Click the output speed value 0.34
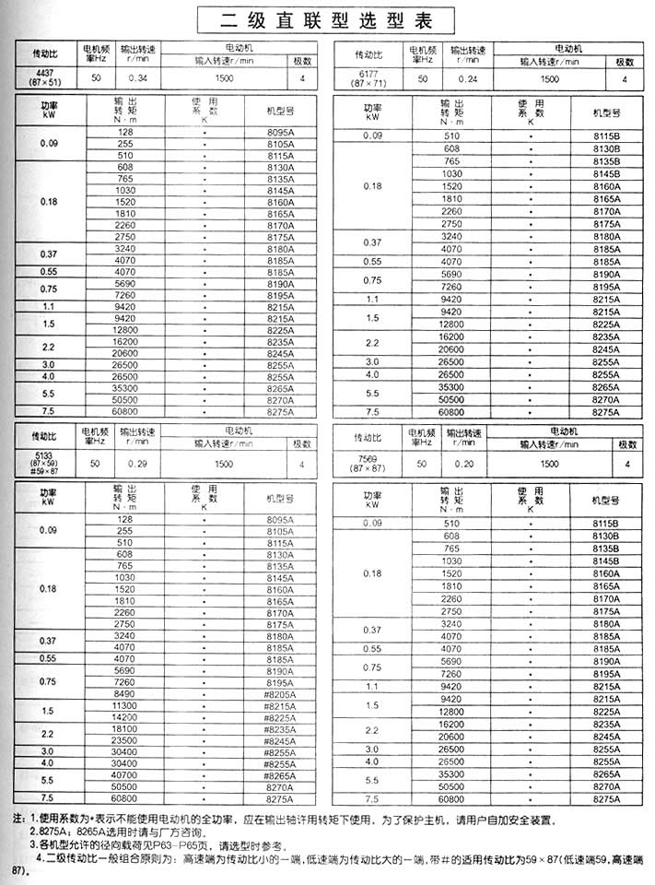tap(138, 79)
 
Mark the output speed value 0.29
tap(138, 465)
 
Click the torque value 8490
tap(124, 693)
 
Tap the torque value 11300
tap(124, 705)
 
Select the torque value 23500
tap(124, 740)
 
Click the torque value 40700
tap(124, 775)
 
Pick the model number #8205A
tap(277, 693)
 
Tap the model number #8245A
tap(277, 740)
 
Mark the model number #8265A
tap(277, 775)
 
